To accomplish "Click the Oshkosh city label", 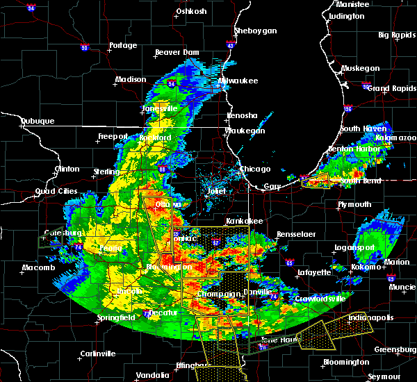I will pos(192,11).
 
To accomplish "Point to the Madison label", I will pos(131,79).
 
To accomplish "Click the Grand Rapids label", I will pos(389,88).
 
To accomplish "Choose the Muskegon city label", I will pos(361,68).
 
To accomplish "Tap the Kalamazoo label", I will pos(395,138).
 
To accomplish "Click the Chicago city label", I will pos(255,169).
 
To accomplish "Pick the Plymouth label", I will pos(354,204).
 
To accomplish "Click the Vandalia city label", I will pos(152,375).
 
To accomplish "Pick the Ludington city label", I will pos(346,16).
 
